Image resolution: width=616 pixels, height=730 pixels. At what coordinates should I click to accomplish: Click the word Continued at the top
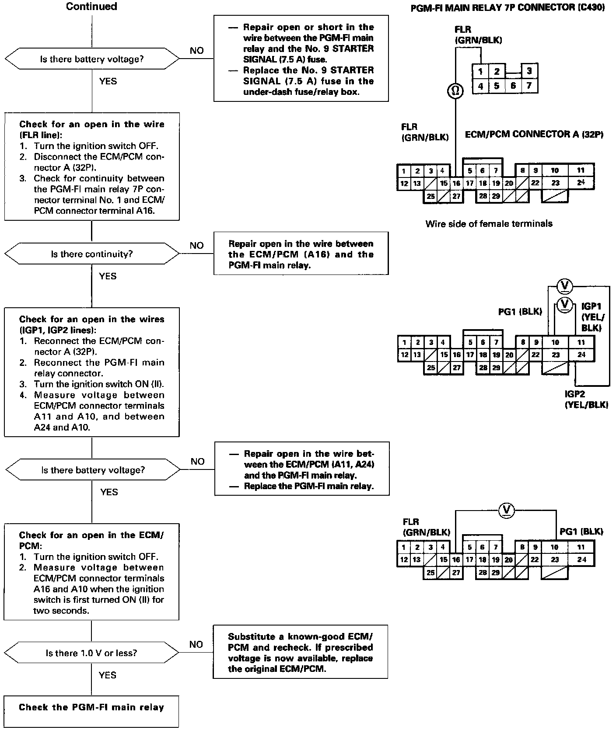click(91, 7)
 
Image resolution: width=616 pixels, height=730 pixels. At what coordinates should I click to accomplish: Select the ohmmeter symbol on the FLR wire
click(455, 91)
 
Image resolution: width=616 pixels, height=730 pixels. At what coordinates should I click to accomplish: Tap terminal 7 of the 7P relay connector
click(529, 86)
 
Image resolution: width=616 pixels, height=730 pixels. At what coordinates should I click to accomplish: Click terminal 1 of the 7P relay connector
click(480, 71)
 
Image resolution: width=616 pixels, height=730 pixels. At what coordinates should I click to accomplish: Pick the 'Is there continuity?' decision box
click(92, 254)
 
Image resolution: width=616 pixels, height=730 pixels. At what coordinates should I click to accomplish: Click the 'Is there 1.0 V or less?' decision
click(91, 653)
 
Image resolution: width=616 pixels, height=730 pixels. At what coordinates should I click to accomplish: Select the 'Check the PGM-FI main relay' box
click(91, 707)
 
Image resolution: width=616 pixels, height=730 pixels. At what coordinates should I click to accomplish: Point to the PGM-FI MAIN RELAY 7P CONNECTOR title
click(507, 8)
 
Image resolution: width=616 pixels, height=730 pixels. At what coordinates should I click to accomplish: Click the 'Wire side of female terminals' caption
click(489, 224)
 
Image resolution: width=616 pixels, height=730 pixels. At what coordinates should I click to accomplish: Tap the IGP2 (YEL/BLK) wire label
click(586, 400)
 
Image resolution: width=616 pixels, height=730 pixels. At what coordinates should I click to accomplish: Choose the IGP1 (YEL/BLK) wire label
click(592, 317)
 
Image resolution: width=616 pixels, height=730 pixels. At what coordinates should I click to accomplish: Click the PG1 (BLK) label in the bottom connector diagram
click(581, 532)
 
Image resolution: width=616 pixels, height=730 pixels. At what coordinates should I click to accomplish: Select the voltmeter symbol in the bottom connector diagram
click(507, 510)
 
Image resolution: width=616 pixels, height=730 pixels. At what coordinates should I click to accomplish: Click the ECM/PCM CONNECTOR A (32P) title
click(534, 134)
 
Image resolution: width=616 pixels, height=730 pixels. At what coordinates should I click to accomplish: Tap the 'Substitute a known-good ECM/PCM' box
click(301, 653)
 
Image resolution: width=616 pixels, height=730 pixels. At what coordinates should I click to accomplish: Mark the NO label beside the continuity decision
click(197, 246)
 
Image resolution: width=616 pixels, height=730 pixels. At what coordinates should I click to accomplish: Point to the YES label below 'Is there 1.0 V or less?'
click(108, 675)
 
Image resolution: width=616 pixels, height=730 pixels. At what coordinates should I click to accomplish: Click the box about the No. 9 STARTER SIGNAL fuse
click(301, 59)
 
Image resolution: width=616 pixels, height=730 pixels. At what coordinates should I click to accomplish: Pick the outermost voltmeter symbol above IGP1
click(565, 286)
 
